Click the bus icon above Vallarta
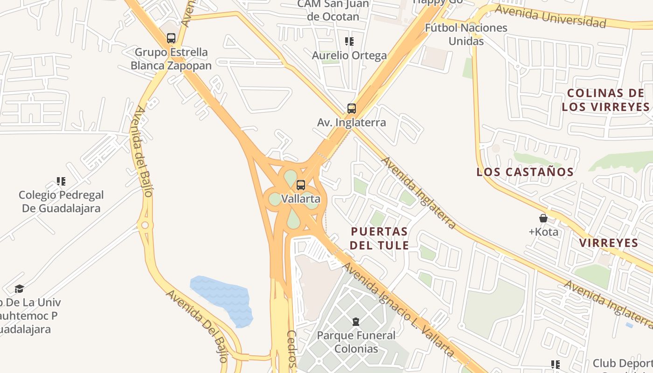point(301,185)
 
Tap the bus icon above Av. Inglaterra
point(352,109)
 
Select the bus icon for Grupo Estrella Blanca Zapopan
point(171,38)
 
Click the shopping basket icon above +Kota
point(543,218)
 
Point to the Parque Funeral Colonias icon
point(356,321)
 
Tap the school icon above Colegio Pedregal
point(61,181)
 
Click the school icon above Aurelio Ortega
point(349,41)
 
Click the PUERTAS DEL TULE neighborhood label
point(379,238)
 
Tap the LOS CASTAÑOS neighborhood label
point(525,172)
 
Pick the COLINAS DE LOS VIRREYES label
point(605,100)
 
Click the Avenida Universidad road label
point(550,16)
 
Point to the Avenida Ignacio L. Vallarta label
point(399,309)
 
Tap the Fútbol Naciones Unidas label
point(465,34)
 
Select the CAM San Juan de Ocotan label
point(333,10)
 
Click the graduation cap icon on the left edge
point(19,289)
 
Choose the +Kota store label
point(543,232)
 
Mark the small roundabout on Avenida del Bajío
point(145,226)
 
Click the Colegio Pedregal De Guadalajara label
point(61,201)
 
